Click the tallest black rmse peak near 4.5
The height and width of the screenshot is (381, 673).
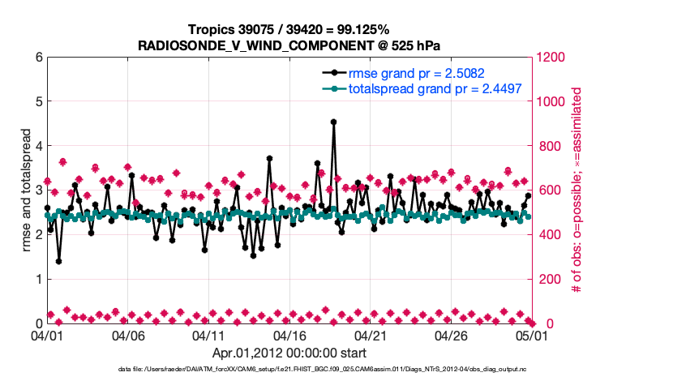pos(333,122)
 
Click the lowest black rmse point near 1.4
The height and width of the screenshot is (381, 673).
pos(58,261)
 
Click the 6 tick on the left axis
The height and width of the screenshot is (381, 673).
pos(37,58)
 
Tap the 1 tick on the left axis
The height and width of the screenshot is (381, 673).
pos(37,279)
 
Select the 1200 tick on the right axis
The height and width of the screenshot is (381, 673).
pos(552,58)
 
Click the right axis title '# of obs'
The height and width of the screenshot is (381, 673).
pos(577,190)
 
